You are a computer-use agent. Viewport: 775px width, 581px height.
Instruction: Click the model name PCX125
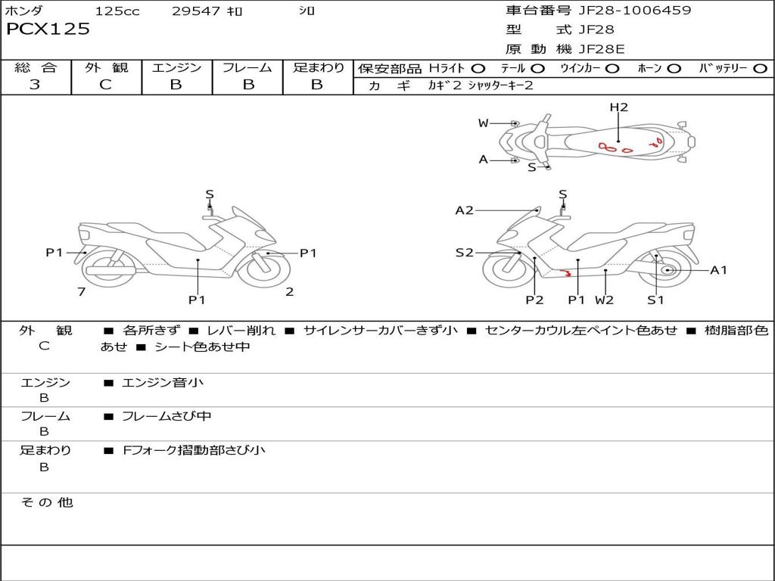click(x=48, y=30)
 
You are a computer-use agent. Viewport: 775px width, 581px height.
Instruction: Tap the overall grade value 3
click(x=35, y=85)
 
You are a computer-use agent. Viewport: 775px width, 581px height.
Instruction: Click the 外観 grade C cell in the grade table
click(x=106, y=85)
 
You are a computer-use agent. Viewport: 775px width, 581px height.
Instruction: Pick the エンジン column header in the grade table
click(x=176, y=67)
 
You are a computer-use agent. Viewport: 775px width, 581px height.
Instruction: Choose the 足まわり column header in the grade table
click(x=318, y=67)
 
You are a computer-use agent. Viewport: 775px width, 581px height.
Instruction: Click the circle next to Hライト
click(x=478, y=68)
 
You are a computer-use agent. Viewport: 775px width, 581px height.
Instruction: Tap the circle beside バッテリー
click(x=760, y=68)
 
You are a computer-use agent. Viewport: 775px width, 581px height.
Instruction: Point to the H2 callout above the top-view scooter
click(x=619, y=107)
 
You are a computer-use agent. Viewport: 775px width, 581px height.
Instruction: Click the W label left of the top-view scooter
click(x=483, y=123)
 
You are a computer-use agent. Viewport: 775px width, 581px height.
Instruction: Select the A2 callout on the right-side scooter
click(x=464, y=210)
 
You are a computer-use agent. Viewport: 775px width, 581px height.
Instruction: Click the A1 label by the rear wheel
click(x=718, y=270)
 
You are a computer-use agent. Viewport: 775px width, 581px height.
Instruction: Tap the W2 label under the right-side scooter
click(x=604, y=300)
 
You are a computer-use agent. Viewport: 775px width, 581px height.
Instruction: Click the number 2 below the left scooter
click(x=289, y=292)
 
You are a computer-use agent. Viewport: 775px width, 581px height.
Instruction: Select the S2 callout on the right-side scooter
click(x=464, y=253)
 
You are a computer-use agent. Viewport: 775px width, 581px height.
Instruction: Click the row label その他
click(x=46, y=502)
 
